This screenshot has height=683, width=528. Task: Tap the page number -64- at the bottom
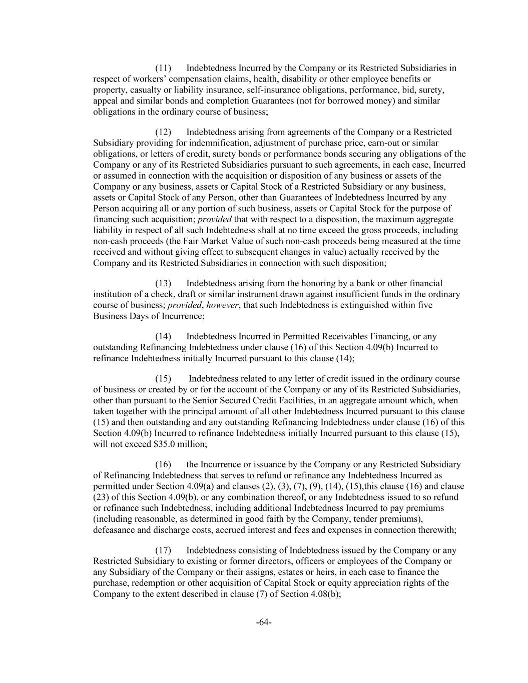[264, 622]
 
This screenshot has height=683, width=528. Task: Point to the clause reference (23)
[102, 497]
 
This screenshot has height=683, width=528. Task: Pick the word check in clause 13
[162, 294]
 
